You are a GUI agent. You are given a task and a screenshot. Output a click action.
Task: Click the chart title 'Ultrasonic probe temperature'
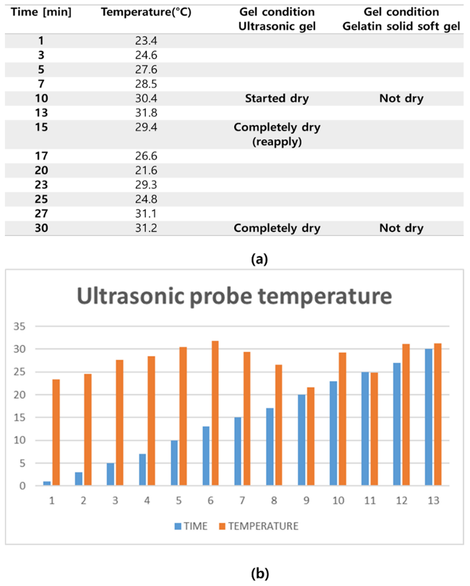pyautogui.click(x=234, y=296)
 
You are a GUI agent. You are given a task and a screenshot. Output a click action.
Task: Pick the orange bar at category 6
pyautogui.click(x=215, y=413)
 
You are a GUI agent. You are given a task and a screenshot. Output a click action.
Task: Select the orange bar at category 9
pyautogui.click(x=311, y=436)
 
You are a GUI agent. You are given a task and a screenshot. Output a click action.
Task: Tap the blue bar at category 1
pyautogui.click(x=47, y=483)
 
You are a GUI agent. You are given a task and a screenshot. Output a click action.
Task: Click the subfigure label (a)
pyautogui.click(x=259, y=259)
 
